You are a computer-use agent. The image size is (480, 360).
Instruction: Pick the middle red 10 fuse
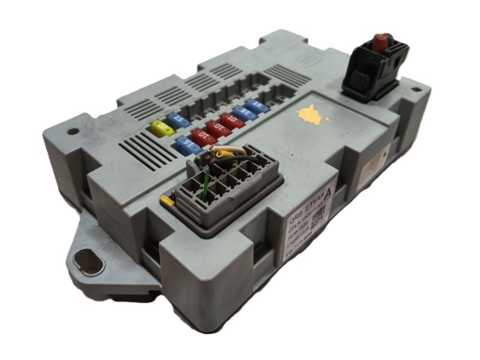(x=217, y=128)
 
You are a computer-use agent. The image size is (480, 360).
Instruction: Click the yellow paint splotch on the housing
(x=311, y=115)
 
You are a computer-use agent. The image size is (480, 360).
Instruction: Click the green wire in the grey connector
(x=205, y=182)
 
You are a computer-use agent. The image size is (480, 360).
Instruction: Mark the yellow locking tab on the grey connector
(x=167, y=200)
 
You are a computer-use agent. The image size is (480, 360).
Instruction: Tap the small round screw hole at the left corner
(x=73, y=131)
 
